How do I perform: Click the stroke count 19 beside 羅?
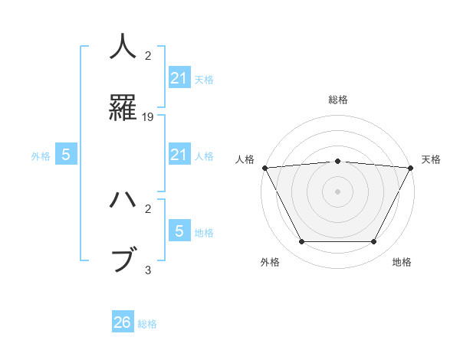[149, 117]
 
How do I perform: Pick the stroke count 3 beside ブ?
[149, 270]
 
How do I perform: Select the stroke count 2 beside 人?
[149, 56]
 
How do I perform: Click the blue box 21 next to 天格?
[179, 77]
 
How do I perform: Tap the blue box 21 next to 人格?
[179, 155]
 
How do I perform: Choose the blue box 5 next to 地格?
[179, 231]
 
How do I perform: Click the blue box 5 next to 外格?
[66, 155]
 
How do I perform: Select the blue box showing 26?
[123, 322]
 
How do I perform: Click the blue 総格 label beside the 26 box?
[147, 324]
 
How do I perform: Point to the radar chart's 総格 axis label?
[337, 100]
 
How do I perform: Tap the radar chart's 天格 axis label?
[432, 159]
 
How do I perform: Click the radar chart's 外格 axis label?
[269, 262]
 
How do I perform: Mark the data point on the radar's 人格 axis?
[264, 168]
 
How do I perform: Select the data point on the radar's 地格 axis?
[373, 242]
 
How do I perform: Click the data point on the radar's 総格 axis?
[337, 161]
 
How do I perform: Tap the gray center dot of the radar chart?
[337, 191]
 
